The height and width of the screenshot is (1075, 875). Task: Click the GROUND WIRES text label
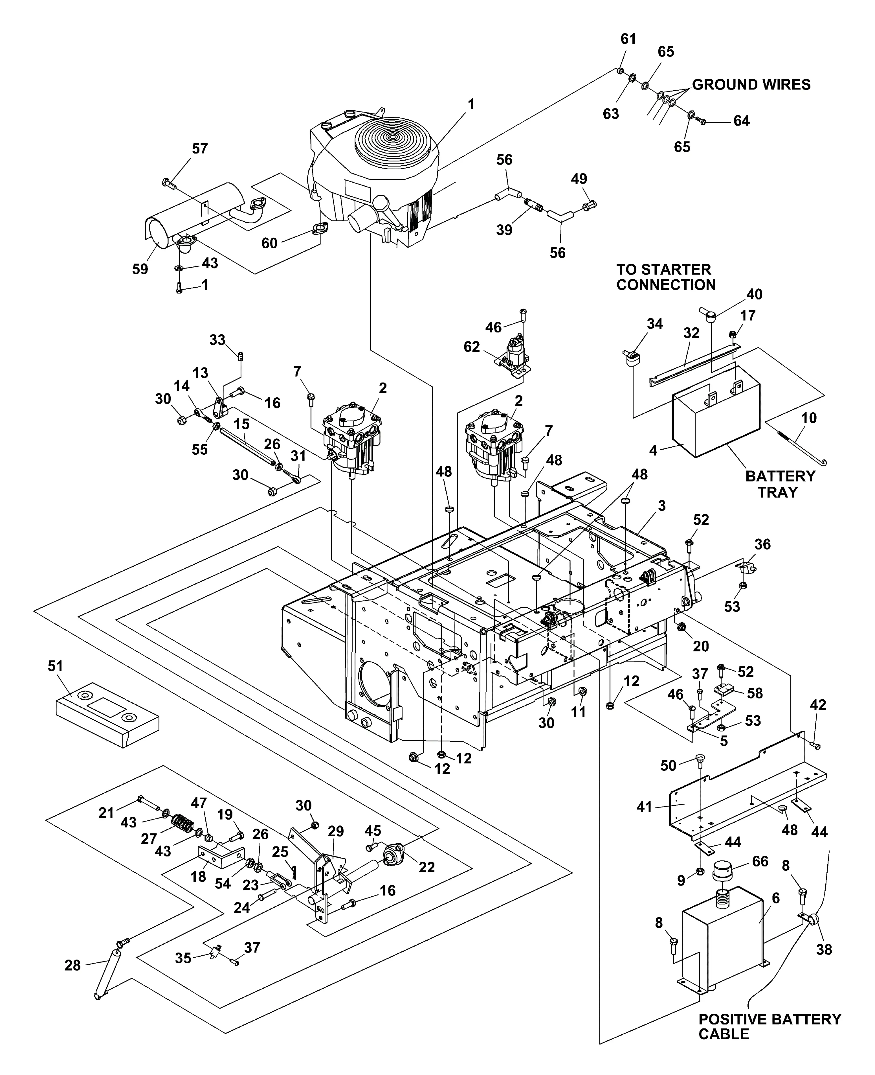(x=751, y=85)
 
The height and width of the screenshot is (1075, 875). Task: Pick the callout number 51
(x=56, y=666)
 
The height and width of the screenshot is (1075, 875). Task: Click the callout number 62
(x=472, y=347)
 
